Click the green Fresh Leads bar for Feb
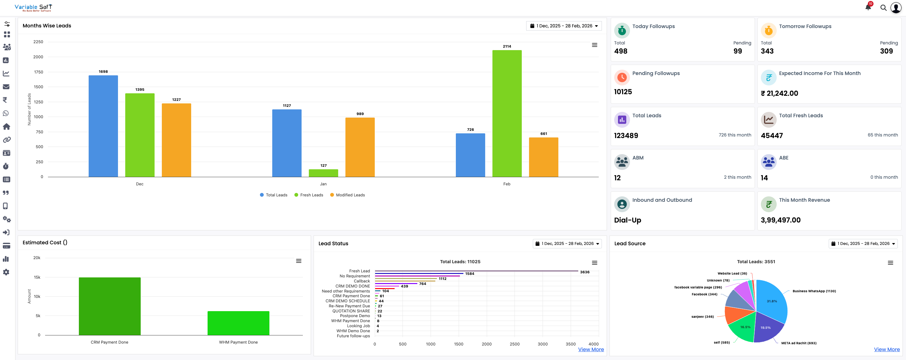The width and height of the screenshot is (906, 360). [507, 113]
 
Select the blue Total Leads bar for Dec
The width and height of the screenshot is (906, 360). [103, 126]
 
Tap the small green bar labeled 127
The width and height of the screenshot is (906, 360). [323, 173]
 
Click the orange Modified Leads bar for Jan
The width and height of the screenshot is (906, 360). [360, 147]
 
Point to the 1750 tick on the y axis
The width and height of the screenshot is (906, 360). [38, 72]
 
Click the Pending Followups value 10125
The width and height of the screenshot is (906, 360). [623, 92]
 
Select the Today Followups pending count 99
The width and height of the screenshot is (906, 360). [738, 51]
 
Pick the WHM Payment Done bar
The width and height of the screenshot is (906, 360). [238, 323]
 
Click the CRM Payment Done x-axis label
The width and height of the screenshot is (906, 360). [109, 342]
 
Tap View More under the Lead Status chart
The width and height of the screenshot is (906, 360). [591, 350]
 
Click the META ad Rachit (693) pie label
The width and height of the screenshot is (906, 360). [799, 343]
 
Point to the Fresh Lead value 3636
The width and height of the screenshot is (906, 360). [585, 272]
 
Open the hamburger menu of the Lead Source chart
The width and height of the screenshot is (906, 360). [890, 263]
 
